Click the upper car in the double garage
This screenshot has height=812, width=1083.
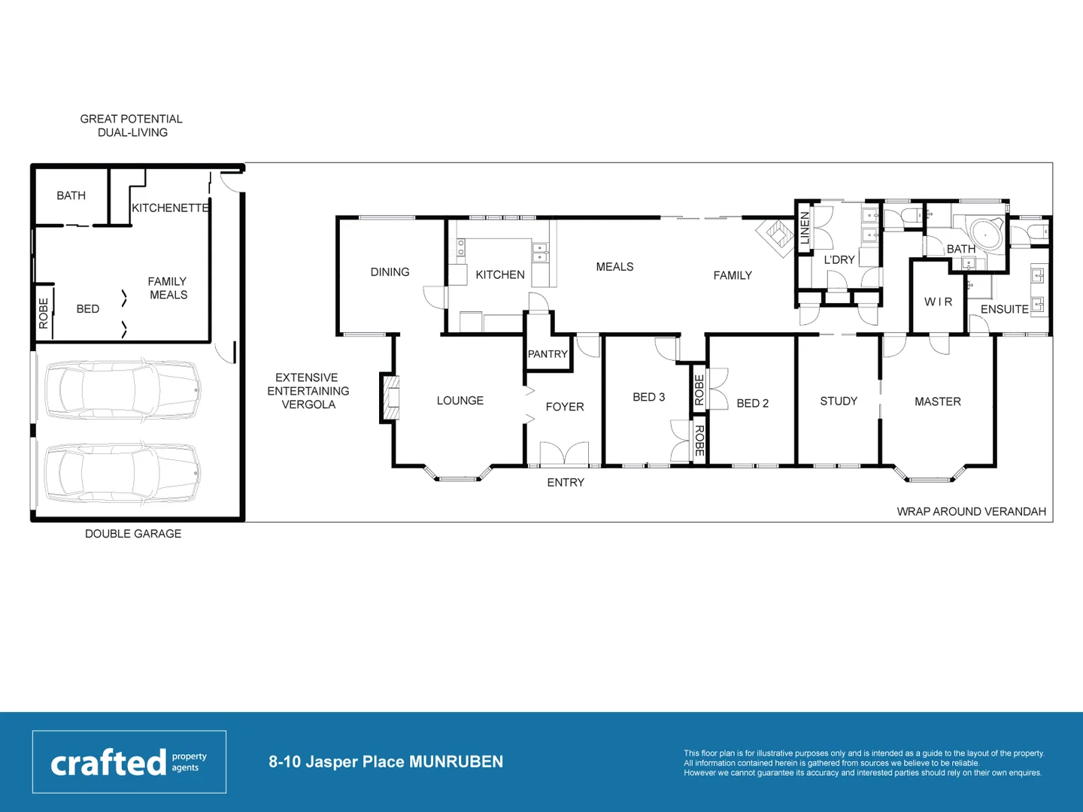[123, 390]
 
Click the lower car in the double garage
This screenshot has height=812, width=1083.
[123, 473]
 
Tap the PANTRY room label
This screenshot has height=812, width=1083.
[548, 354]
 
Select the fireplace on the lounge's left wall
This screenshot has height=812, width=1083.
[390, 397]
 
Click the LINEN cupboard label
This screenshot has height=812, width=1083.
[805, 227]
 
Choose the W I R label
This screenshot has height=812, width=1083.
[938, 301]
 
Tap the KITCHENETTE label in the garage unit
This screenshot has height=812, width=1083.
[170, 208]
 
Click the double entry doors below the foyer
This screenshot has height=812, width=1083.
[564, 456]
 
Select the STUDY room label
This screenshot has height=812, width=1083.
[839, 401]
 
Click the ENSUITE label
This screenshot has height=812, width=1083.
[1004, 309]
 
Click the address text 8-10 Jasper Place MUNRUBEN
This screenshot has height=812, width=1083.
[386, 762]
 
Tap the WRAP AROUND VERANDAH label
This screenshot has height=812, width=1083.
[971, 511]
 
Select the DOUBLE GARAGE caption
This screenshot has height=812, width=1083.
[133, 534]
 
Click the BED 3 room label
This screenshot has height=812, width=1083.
[648, 397]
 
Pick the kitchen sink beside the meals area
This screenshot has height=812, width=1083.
[540, 253]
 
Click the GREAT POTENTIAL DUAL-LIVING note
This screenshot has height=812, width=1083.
[132, 126]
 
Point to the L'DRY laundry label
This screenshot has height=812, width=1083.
[839, 259]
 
